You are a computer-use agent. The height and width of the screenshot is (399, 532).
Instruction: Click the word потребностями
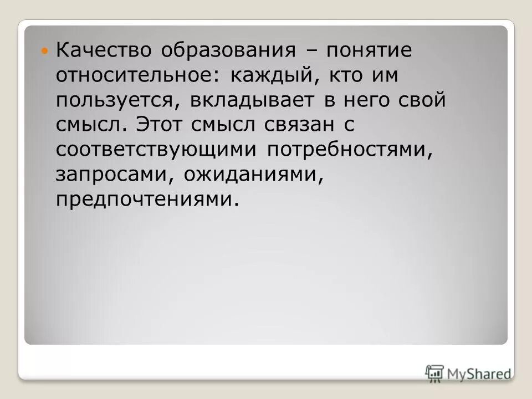(x=350, y=150)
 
